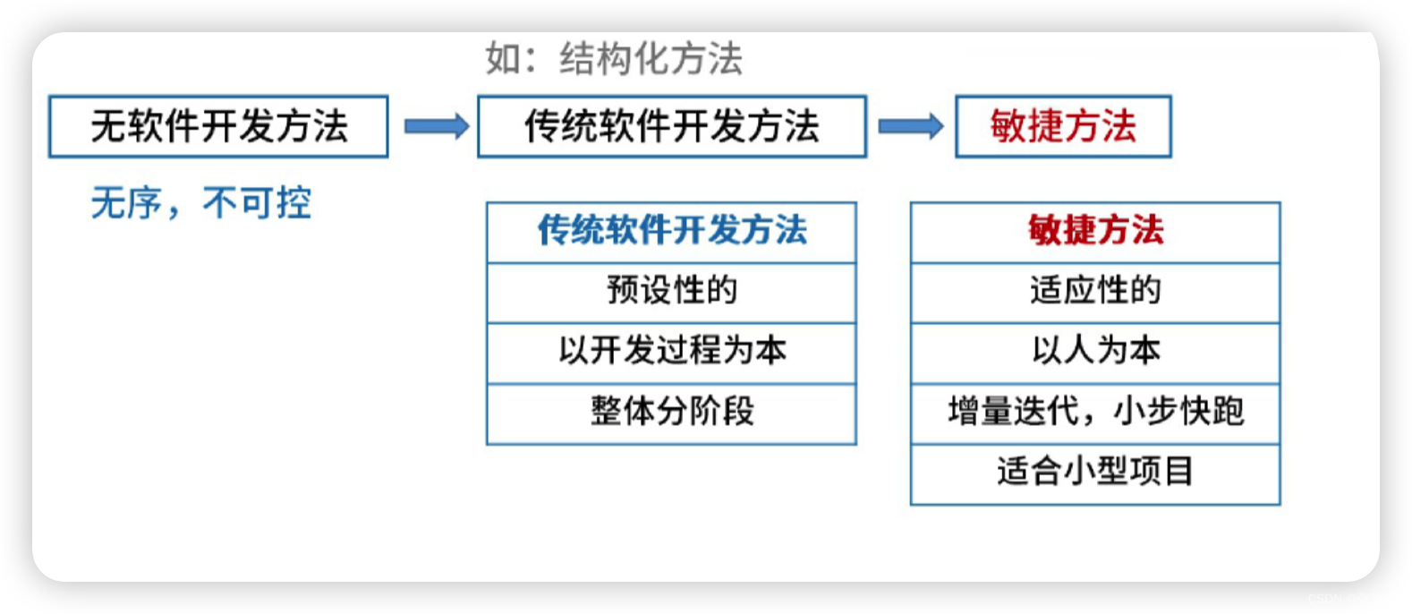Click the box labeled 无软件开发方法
point(218,126)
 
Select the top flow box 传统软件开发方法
point(672,126)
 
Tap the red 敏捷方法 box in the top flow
point(1063,126)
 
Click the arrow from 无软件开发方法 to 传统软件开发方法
point(436,126)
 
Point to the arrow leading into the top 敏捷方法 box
point(910,126)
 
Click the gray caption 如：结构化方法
point(614,59)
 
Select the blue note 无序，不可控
point(200,203)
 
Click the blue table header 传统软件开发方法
point(671,231)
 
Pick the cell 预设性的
point(671,291)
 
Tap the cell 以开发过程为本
point(671,351)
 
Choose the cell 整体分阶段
point(671,412)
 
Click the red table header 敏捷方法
point(1095,231)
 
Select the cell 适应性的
point(1095,291)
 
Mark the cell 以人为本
point(1095,351)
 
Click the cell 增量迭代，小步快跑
point(1095,412)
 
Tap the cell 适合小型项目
point(1095,472)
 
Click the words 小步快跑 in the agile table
point(1178,412)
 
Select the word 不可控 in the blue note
point(257,203)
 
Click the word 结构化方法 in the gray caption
point(651,59)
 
